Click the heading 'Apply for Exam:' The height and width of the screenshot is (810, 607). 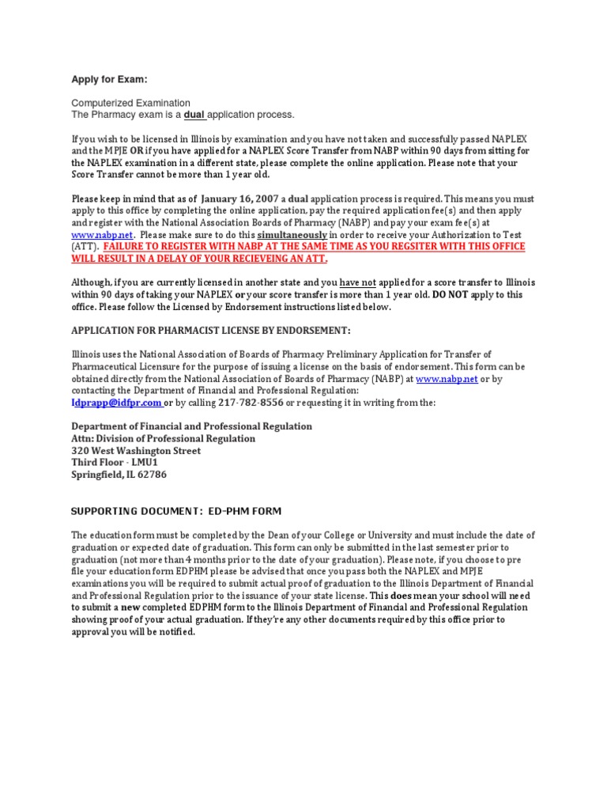coord(109,80)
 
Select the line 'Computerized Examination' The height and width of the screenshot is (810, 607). coord(130,103)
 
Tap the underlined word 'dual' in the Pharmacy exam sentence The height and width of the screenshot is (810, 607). coord(194,115)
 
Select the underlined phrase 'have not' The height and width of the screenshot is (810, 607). coord(357,282)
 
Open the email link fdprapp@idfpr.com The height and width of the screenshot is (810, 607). coord(116,403)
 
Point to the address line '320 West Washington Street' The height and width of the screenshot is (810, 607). coord(136,451)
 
